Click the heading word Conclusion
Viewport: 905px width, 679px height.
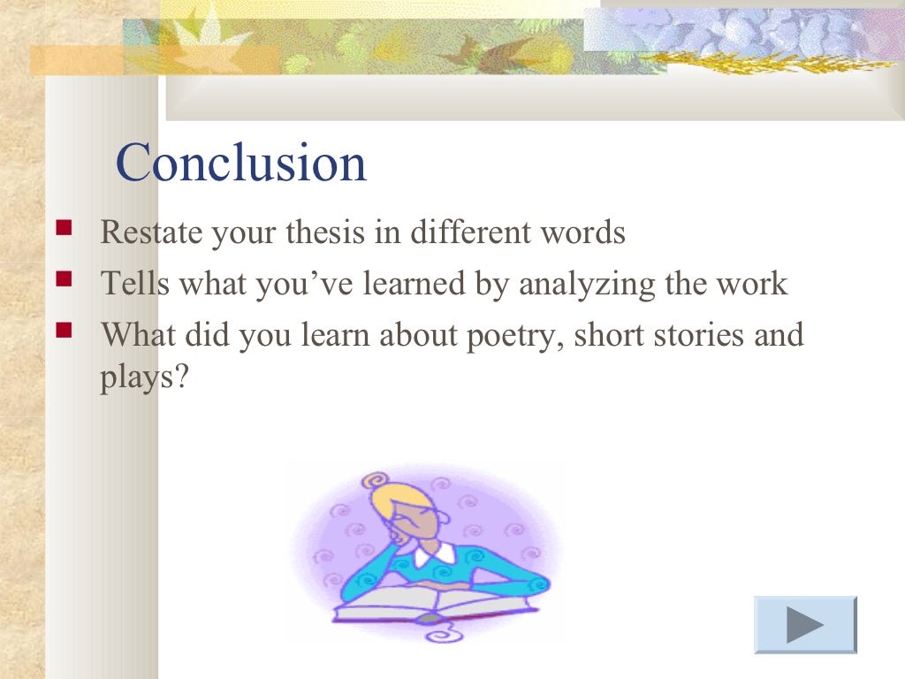point(241,164)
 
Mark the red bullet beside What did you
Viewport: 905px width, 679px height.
point(64,332)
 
